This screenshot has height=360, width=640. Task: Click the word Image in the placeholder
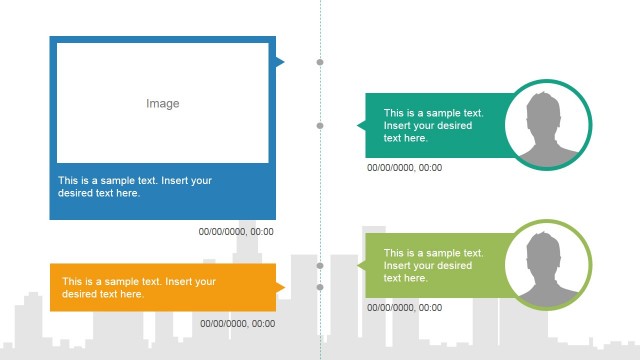pos(163,103)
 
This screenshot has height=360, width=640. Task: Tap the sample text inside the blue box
pos(135,187)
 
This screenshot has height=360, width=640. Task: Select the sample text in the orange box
pos(139,288)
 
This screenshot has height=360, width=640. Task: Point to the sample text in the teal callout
pos(434,126)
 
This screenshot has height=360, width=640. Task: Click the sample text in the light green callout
pos(434,265)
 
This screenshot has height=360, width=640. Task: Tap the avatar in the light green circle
pos(547,266)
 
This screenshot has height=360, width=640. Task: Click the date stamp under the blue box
pos(237,232)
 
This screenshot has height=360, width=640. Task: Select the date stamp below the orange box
pos(237,323)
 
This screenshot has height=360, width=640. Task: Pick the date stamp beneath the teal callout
pos(405,168)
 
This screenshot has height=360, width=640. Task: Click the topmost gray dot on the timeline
pos(320,62)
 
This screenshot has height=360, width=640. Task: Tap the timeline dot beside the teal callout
pos(320,125)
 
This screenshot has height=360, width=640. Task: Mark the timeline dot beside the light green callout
pos(320,266)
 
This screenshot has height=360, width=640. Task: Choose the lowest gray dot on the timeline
pos(320,287)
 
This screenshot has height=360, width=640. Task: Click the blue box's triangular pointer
pos(279,62)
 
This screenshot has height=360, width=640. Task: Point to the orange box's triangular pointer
pos(280,288)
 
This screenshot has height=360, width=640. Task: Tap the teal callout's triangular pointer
pos(361,125)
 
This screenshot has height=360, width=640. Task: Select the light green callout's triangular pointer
pos(361,266)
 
